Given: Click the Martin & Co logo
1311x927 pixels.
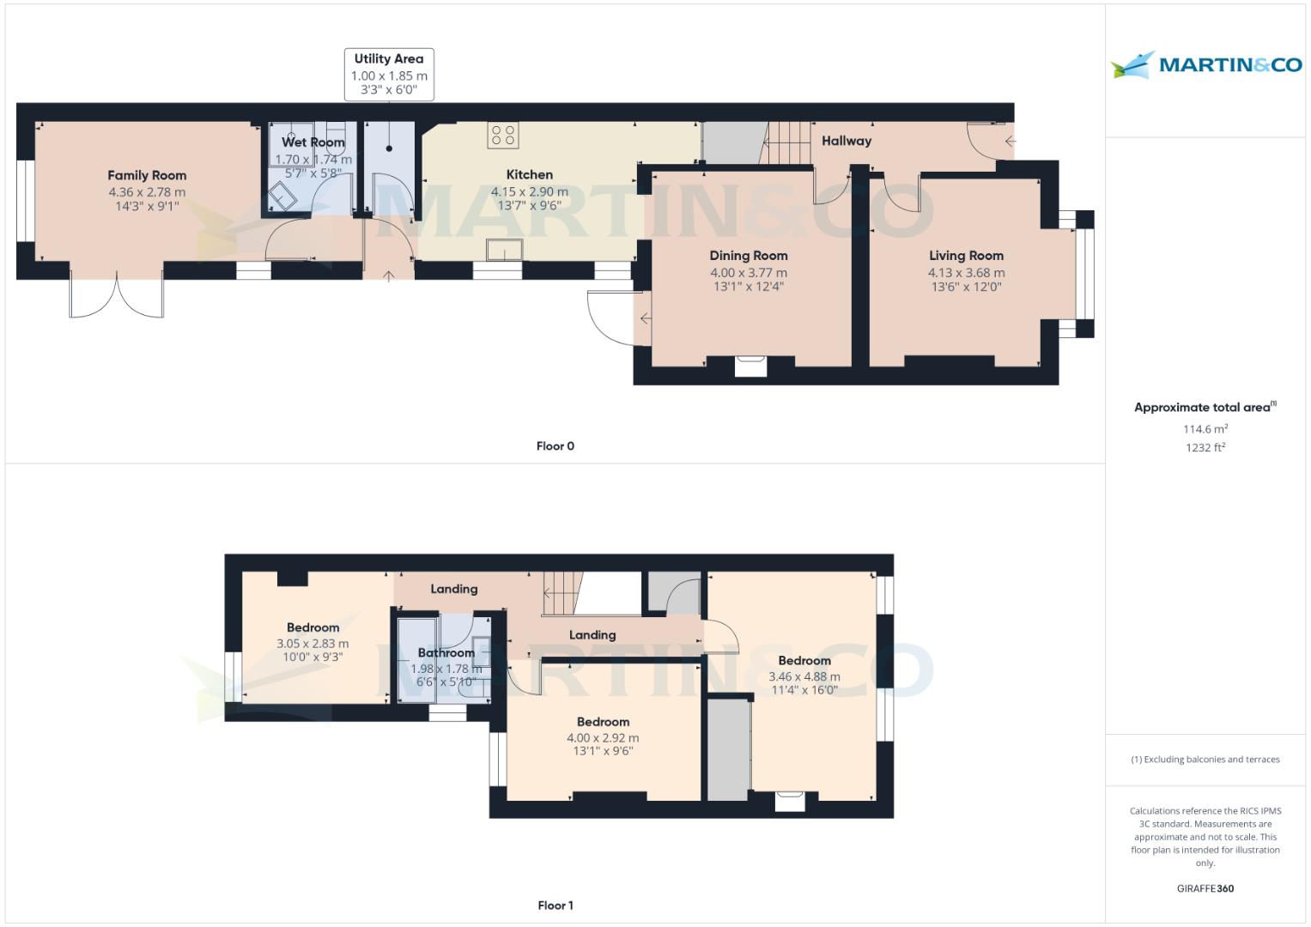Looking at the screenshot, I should click(1205, 65).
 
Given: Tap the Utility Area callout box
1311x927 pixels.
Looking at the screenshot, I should click(389, 74).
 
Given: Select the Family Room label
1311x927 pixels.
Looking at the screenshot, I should click(147, 175).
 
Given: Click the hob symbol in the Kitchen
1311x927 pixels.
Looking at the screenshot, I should click(503, 136).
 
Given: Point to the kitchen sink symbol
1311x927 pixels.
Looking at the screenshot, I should click(505, 250).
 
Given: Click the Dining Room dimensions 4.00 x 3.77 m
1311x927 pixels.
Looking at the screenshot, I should click(748, 273).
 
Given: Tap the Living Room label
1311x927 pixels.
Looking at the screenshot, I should click(966, 256).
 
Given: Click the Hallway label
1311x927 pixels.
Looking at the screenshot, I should click(846, 141).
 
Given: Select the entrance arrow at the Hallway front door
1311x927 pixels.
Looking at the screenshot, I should click(1010, 142).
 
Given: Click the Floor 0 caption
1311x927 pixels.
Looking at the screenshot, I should click(555, 446).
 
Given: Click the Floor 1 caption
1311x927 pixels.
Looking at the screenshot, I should click(555, 906).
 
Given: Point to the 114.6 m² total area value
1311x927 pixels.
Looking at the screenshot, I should click(1205, 429).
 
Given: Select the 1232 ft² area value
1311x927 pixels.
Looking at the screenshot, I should click(1205, 447).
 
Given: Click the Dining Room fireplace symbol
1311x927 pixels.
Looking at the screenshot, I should click(751, 366).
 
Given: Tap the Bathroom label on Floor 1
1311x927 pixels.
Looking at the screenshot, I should click(446, 653).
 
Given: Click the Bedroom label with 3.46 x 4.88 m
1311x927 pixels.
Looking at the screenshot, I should click(804, 661).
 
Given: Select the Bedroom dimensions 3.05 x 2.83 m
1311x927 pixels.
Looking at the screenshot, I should click(313, 644).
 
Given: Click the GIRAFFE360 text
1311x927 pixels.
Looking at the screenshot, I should click(1205, 888).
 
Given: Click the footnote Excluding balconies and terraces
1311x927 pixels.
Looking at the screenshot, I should click(1205, 760).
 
